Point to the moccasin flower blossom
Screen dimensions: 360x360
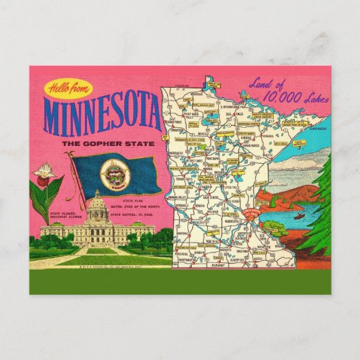click(x=45, y=170)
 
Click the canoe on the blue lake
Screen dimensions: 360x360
click(x=300, y=218)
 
